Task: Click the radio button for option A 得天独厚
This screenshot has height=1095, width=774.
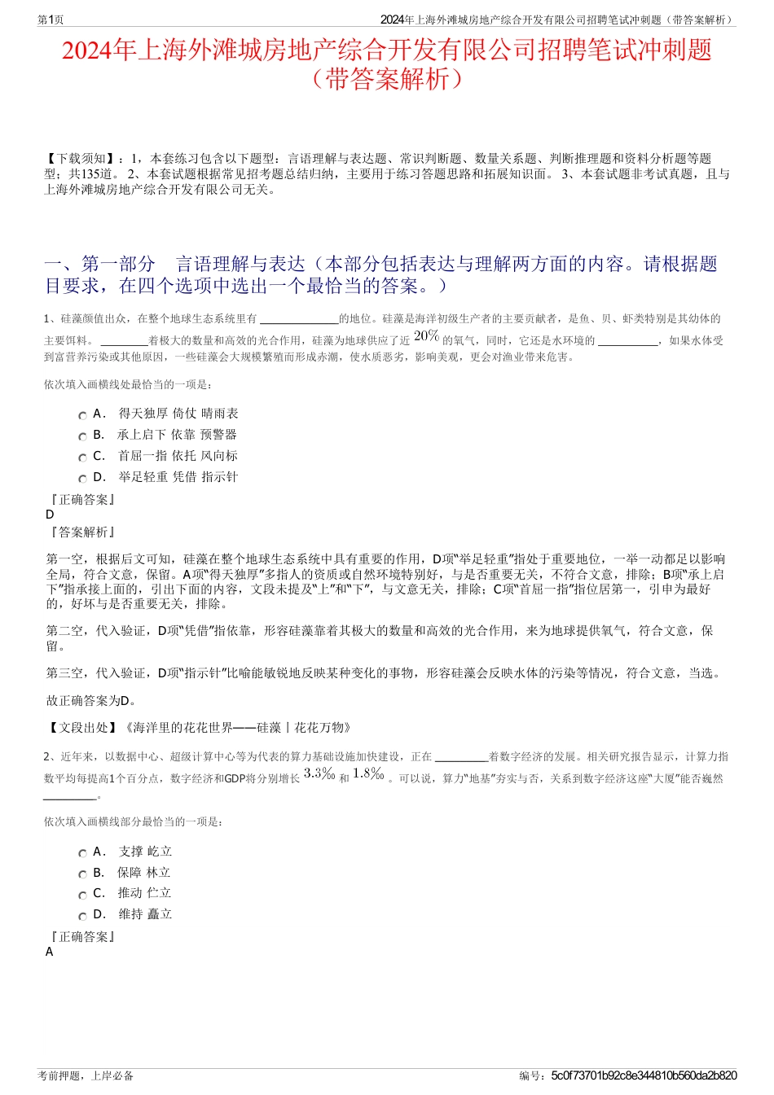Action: click(x=82, y=415)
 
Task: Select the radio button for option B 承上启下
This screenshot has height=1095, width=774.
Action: click(x=82, y=436)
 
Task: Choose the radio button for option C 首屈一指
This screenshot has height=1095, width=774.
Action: click(x=82, y=458)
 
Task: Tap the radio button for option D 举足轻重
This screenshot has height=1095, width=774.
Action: click(x=82, y=479)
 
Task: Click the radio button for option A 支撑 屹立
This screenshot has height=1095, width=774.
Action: click(x=82, y=853)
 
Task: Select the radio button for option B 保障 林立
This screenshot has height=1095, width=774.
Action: click(x=82, y=874)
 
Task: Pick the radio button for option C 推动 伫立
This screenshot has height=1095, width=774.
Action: click(x=82, y=895)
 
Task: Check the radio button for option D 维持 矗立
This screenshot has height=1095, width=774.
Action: click(x=82, y=916)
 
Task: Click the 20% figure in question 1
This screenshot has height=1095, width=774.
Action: click(x=426, y=336)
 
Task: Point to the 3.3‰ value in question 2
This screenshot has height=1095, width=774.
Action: click(x=319, y=774)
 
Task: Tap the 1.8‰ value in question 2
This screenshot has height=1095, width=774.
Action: click(x=368, y=774)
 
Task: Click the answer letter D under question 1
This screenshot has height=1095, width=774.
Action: click(x=50, y=515)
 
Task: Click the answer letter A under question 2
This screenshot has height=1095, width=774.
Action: click(x=50, y=952)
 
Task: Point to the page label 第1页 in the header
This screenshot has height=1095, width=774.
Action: click(x=51, y=20)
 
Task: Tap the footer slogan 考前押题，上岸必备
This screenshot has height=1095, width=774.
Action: click(x=86, y=1075)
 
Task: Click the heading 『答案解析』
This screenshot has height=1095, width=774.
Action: click(x=81, y=532)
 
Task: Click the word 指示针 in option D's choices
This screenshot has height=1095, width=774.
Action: click(x=220, y=477)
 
